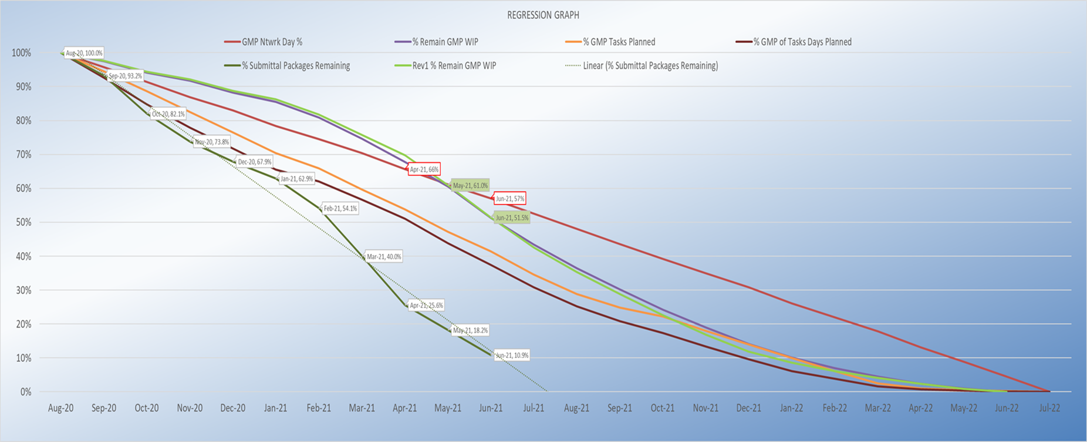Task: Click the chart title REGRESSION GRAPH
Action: coord(543,15)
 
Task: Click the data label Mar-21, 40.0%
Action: coord(384,257)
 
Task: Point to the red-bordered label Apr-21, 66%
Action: coord(424,169)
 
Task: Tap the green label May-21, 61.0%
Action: coord(470,186)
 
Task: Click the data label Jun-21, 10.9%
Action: coord(512,356)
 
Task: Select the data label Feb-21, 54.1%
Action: coord(340,209)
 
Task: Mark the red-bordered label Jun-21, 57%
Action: coord(509,199)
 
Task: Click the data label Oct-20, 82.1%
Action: coord(168,114)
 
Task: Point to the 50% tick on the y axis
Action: coord(22,223)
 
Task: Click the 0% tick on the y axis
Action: coord(25,392)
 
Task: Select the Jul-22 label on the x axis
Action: coord(1049,408)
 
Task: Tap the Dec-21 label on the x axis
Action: coord(748,408)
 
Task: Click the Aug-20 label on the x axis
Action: coord(60,408)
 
